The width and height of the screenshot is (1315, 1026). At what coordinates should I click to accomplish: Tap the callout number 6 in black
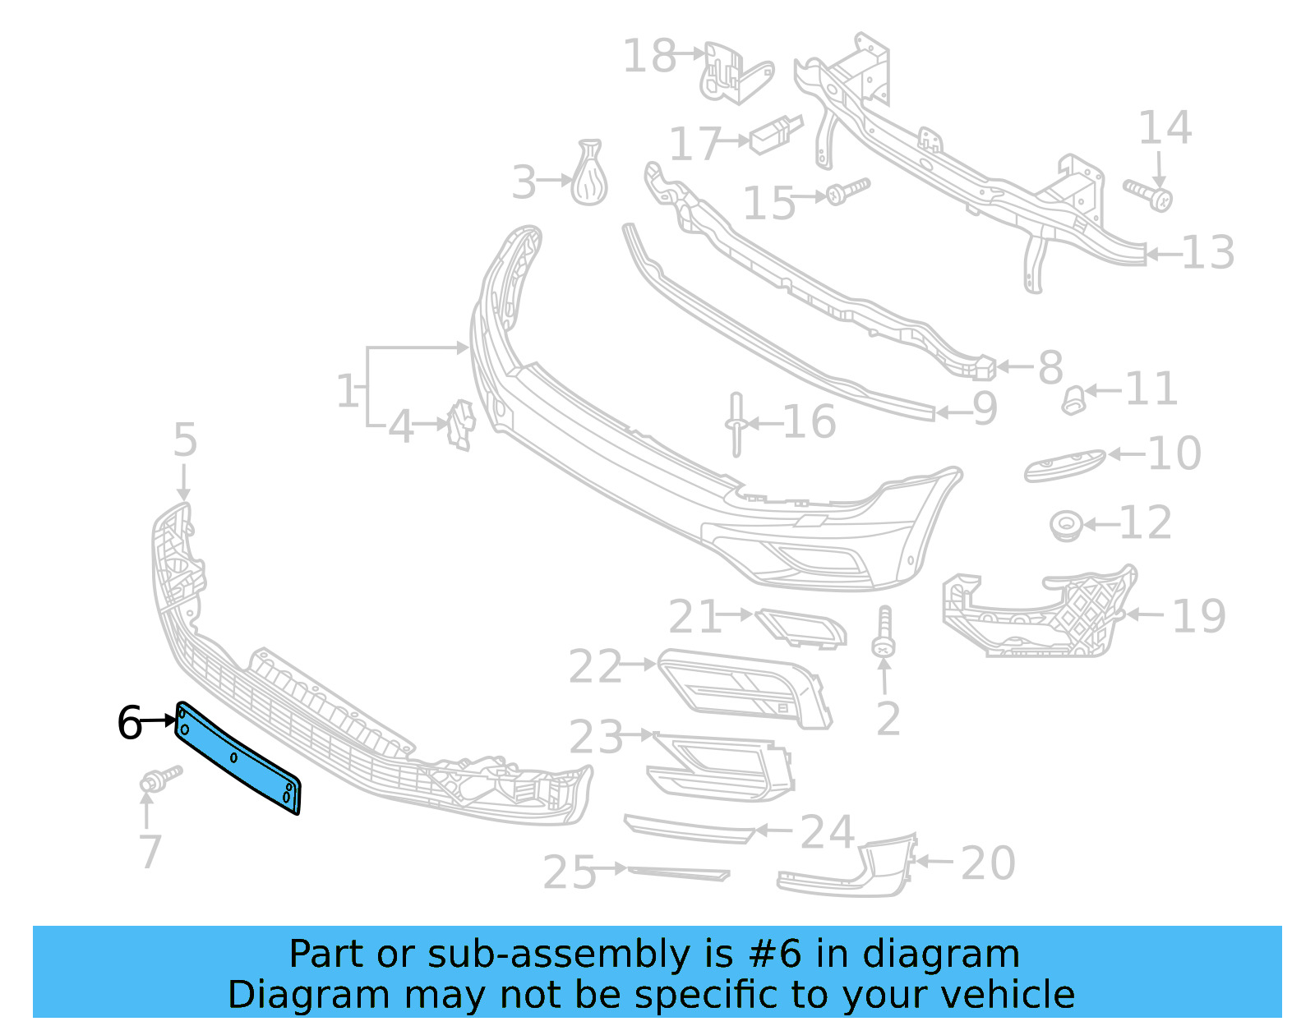point(129,723)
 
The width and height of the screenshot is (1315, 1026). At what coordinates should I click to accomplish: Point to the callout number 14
point(1164,128)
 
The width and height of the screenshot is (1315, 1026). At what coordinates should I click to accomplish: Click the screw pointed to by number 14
point(1149,194)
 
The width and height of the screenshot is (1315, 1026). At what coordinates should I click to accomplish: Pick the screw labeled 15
point(847,191)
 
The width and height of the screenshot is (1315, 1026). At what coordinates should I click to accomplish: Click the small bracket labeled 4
point(462,424)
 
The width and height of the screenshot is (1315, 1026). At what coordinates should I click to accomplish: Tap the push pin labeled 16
point(736,424)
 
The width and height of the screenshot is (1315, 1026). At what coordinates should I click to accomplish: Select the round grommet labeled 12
point(1067,525)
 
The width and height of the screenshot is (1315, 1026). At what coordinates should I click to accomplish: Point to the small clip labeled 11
point(1073,399)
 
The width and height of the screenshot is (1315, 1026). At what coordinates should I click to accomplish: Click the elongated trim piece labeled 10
point(1064,465)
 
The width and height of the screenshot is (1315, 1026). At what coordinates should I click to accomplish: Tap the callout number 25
point(569,872)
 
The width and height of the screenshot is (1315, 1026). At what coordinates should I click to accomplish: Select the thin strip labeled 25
point(678,872)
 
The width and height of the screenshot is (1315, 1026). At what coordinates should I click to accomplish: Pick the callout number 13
point(1207,253)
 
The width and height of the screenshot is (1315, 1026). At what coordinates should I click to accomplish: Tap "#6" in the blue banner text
point(774,955)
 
